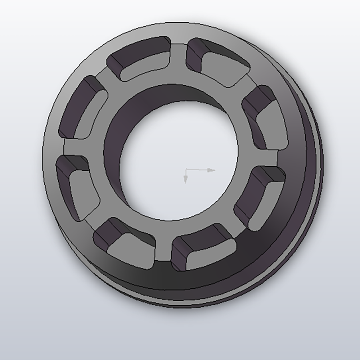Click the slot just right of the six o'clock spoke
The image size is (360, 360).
click(203, 248)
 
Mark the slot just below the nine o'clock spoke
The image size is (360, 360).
click(77, 187)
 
